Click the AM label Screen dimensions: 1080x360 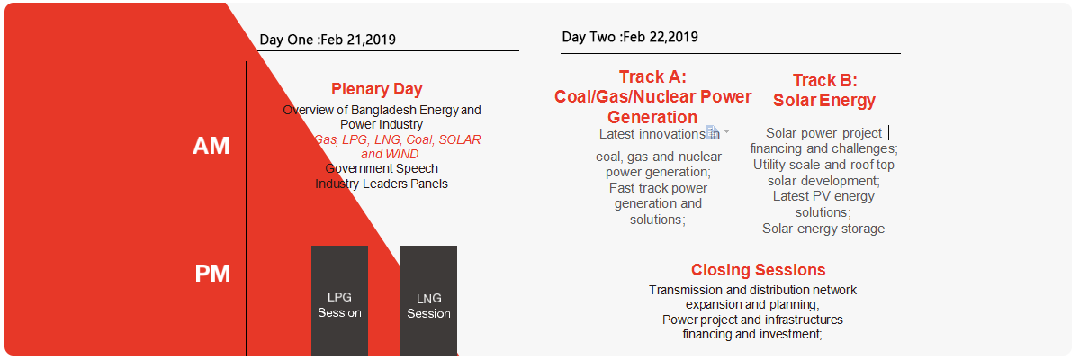pos(211,146)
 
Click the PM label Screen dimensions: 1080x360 pos(212,274)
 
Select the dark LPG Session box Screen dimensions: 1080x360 pos(339,301)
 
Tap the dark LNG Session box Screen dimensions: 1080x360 pos(428,301)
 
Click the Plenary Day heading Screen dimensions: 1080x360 pos(376,89)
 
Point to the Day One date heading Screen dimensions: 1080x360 pos(328,40)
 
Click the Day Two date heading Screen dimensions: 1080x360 pos(630,37)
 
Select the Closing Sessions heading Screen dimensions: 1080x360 pos(758,270)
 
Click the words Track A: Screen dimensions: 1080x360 pos(652,77)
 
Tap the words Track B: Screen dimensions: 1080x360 pos(825,80)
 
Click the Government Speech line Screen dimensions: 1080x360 pos(382,168)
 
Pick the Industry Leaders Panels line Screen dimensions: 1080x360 pos(382,184)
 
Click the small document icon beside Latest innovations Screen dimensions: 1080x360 pos(712,131)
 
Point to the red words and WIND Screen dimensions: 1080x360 pos(390,154)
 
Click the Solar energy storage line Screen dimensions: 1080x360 pos(823,229)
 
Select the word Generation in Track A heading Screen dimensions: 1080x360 pos(652,117)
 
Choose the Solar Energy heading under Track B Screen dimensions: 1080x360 pos(824,101)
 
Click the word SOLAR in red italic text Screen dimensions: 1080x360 pos(460,139)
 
